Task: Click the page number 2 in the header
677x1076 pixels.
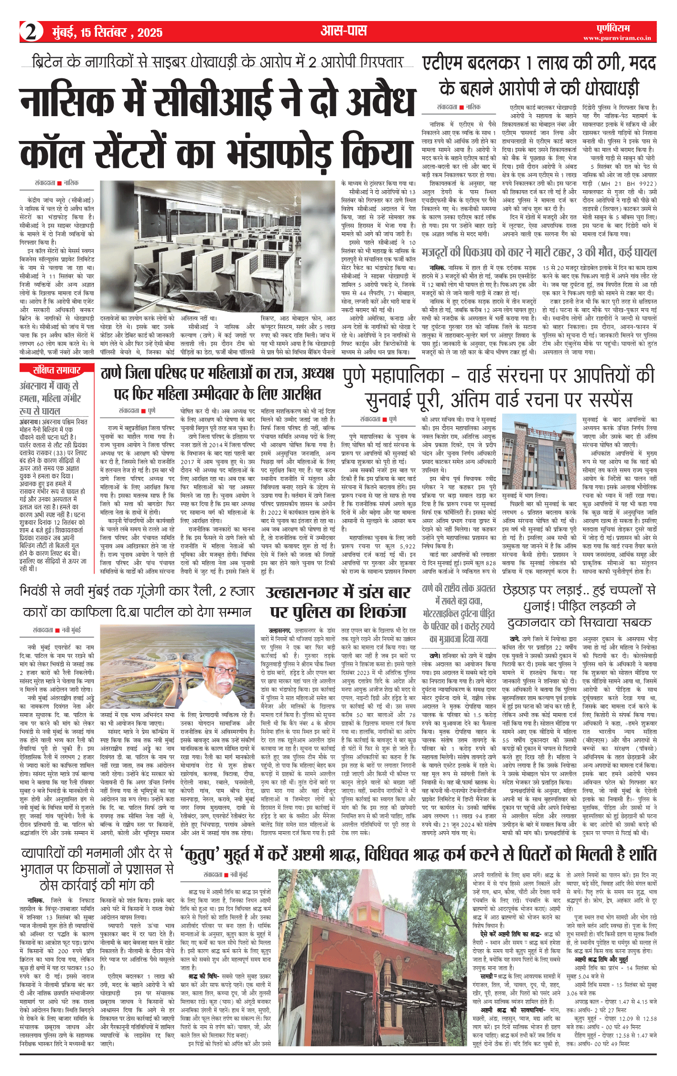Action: pyautogui.click(x=31, y=32)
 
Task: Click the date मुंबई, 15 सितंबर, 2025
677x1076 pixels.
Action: pyautogui.click(x=107, y=33)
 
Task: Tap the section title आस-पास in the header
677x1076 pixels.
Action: pyautogui.click(x=344, y=31)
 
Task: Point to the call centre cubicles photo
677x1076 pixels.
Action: pyautogui.click(x=217, y=245)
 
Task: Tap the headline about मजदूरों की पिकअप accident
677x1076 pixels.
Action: pyautogui.click(x=539, y=252)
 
